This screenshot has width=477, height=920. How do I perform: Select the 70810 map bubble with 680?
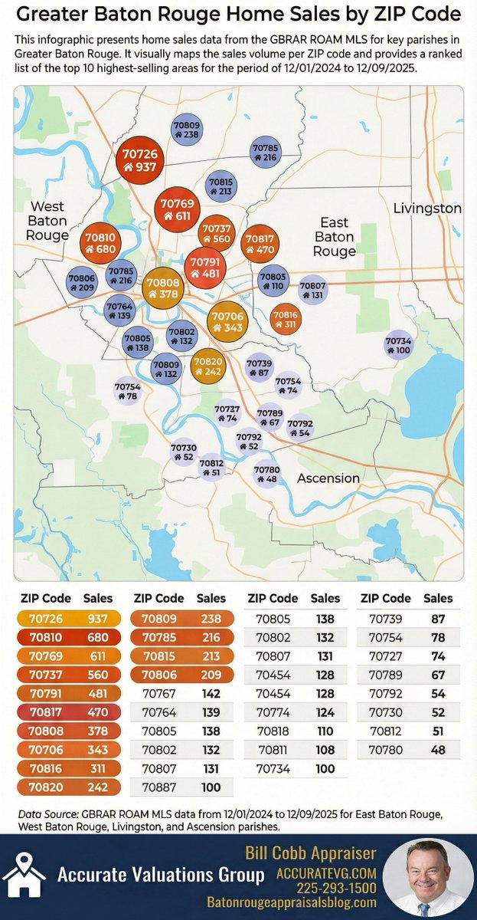(101, 243)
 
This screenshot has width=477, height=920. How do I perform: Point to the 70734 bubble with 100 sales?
(398, 345)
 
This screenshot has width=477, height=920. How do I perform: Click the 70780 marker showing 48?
(266, 474)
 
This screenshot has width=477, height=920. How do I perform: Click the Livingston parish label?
(427, 209)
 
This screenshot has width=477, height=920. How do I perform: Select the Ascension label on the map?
(328, 478)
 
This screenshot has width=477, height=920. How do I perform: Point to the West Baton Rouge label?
(47, 221)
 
